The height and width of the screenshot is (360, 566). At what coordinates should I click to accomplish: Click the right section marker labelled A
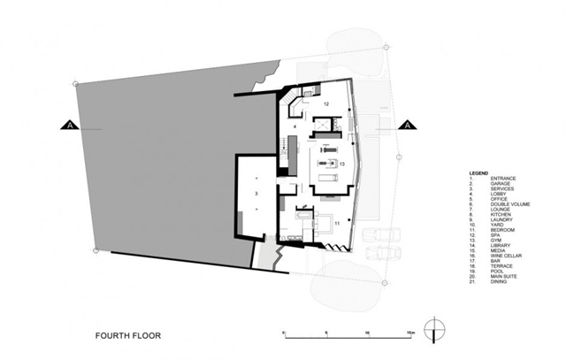(407, 126)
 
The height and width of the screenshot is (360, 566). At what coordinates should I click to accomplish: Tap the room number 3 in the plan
(256, 191)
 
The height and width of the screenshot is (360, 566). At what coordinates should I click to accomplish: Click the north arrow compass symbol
(432, 330)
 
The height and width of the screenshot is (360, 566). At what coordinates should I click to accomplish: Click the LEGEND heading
(478, 172)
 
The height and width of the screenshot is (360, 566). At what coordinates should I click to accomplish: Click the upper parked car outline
(379, 236)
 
